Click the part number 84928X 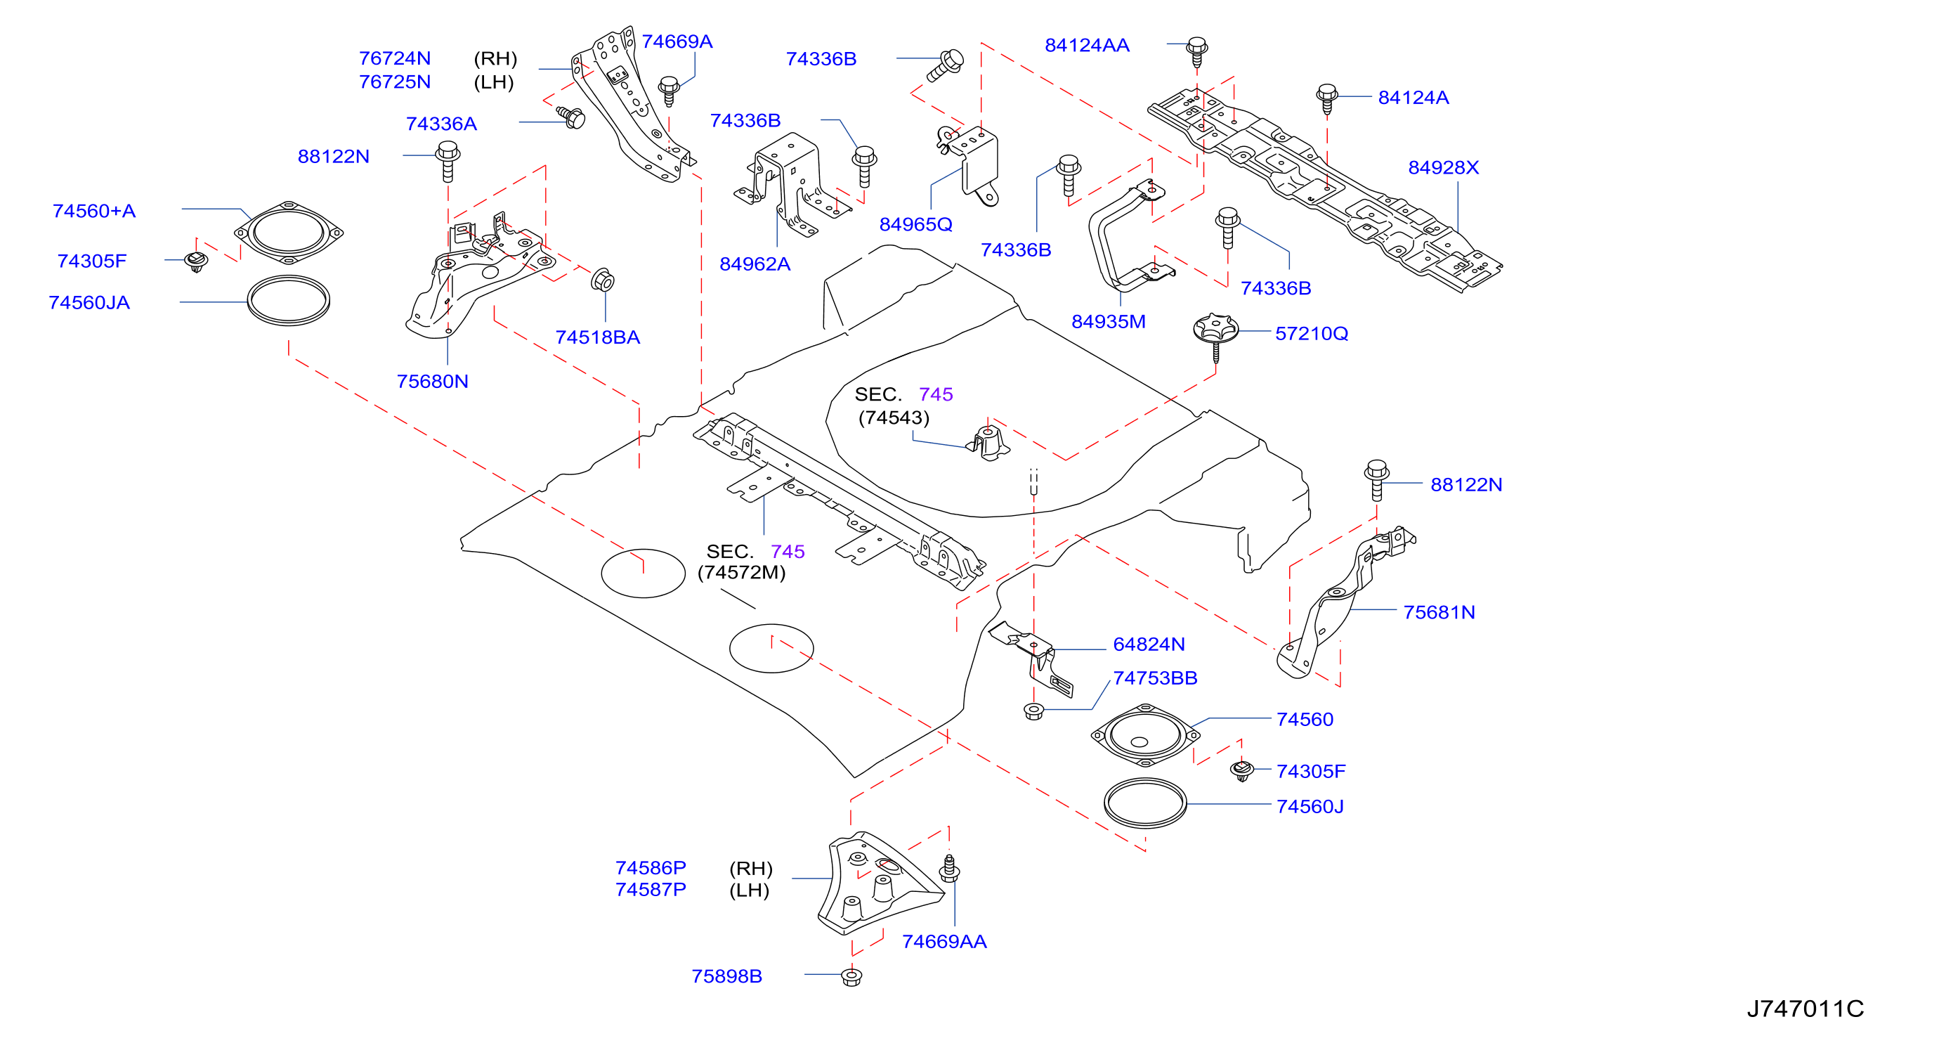[1443, 167]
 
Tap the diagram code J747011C [1805, 1009]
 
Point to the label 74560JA [89, 303]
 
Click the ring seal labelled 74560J [1145, 803]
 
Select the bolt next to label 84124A [1327, 98]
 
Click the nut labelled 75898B [851, 977]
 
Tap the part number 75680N [432, 382]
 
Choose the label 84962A [755, 264]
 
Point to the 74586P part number [651, 867]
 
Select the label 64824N [1149, 644]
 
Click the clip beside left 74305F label [197, 261]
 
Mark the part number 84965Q [915, 224]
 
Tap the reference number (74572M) [741, 573]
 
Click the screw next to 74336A [570, 116]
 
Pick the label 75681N [1439, 612]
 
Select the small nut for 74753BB [1033, 710]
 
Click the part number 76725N [394, 82]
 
